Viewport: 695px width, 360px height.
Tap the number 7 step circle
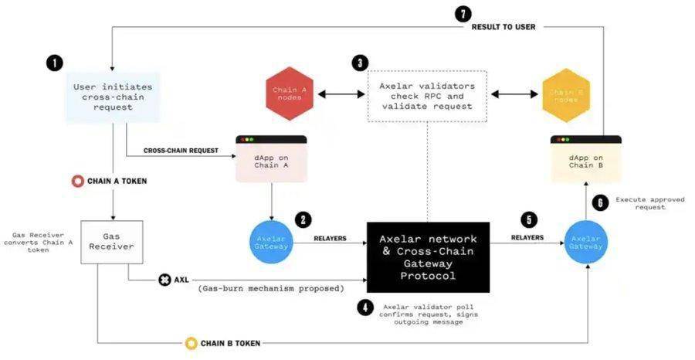click(x=463, y=13)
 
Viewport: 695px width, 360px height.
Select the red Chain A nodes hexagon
click(x=290, y=94)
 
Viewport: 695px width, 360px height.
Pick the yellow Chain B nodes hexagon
click(x=566, y=94)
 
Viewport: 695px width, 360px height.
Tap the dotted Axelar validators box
click(x=427, y=95)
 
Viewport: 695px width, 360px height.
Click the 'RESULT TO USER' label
click(x=503, y=27)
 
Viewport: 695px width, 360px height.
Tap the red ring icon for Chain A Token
click(x=77, y=182)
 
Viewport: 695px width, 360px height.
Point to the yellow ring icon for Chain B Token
click(x=191, y=342)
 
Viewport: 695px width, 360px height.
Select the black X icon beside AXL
click(x=164, y=279)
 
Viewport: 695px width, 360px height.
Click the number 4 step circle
click(x=365, y=307)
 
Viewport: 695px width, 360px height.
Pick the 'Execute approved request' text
click(x=649, y=204)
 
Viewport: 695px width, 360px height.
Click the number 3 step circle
click(x=359, y=63)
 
